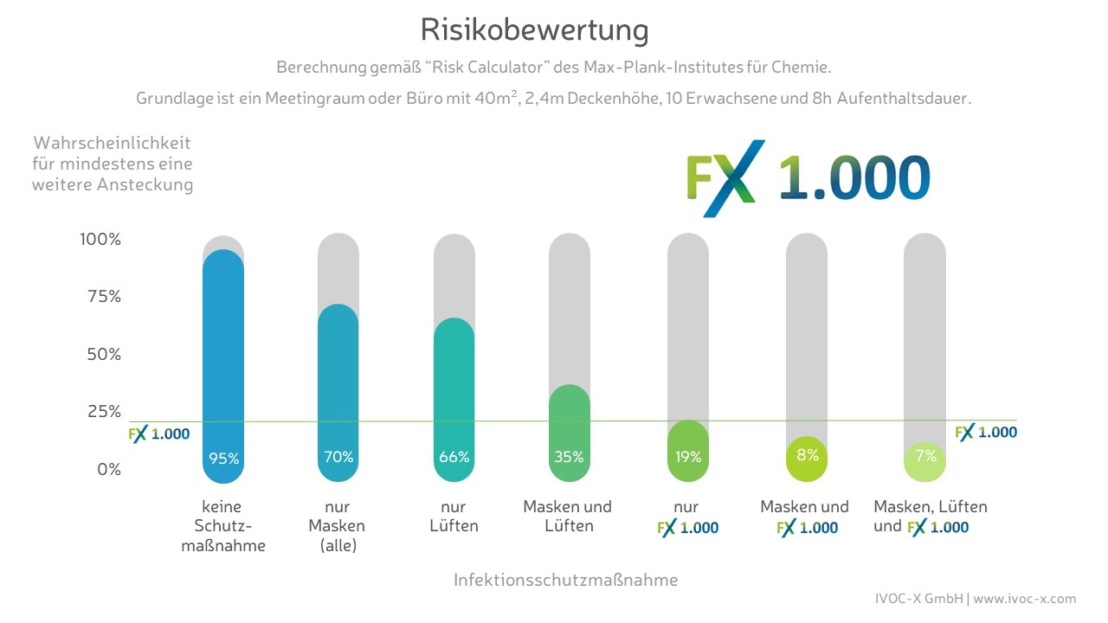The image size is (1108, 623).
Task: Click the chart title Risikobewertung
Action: point(534,30)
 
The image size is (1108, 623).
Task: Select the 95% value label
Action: point(223,459)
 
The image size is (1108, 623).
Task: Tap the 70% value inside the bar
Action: point(338,457)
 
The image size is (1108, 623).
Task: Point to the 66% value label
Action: point(454,457)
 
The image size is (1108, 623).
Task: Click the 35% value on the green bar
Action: point(570,457)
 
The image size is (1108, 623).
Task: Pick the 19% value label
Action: point(688,457)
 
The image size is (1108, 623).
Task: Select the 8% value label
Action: point(807,454)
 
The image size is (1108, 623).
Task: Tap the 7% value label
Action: point(924,457)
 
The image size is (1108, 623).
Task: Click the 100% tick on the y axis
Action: point(100,239)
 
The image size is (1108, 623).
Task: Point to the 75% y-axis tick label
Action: point(103,297)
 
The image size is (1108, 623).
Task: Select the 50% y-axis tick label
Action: point(103,355)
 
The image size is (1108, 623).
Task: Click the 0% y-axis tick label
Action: point(108,470)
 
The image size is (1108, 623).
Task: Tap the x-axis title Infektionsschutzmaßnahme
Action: point(566,580)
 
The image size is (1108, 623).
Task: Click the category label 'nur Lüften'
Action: point(454,517)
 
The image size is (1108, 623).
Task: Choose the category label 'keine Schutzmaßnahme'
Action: point(223,526)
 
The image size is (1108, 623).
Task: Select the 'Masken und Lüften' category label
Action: point(567,517)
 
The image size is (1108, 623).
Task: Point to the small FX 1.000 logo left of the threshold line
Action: point(159,434)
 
